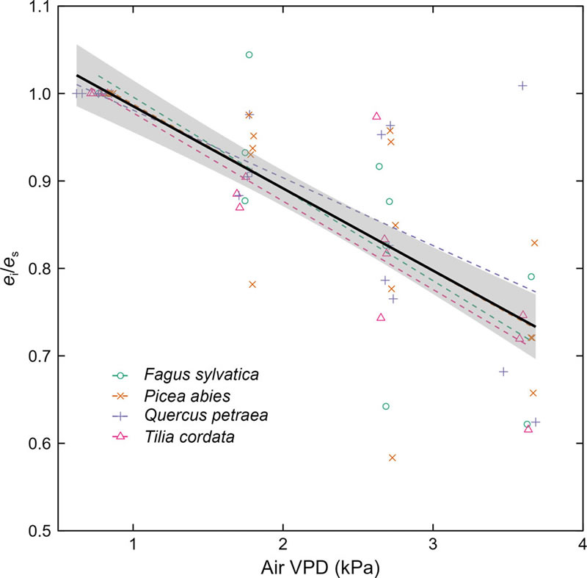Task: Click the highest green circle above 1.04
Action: pyautogui.click(x=249, y=55)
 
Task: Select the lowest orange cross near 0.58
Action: pyautogui.click(x=393, y=458)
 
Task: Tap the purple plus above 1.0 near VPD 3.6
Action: pyautogui.click(x=522, y=85)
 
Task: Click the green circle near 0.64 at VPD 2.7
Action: pyautogui.click(x=386, y=406)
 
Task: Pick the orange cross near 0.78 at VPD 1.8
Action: pyautogui.click(x=252, y=284)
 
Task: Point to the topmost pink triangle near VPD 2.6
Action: pyautogui.click(x=376, y=116)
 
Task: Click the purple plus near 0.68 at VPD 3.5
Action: pyautogui.click(x=503, y=372)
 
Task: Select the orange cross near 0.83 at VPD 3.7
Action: pyautogui.click(x=534, y=242)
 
